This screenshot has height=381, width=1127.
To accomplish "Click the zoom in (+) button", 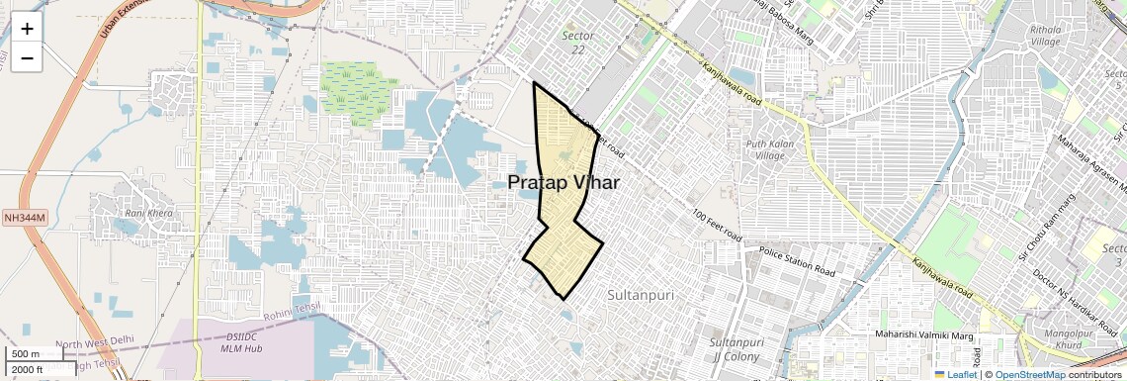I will pyautogui.click(x=27, y=28).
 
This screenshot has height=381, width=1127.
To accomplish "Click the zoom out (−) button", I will pyautogui.click(x=27, y=57).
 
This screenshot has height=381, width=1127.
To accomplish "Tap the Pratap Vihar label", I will pyautogui.click(x=563, y=182).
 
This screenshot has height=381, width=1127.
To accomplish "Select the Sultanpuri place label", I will pyautogui.click(x=640, y=295).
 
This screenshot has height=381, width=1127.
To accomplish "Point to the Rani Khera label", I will pyautogui.click(x=148, y=213).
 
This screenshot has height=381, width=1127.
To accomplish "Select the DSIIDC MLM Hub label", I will pyautogui.click(x=240, y=342).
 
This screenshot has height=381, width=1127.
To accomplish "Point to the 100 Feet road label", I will pyautogui.click(x=717, y=227).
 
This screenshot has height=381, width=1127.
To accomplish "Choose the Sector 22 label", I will pyautogui.click(x=578, y=43).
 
